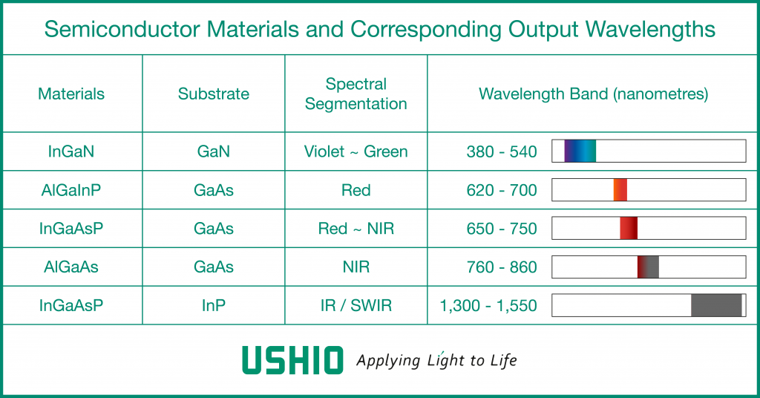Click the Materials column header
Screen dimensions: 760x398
pyautogui.click(x=71, y=94)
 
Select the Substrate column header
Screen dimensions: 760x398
pyautogui.click(x=213, y=94)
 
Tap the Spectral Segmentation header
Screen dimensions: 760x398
pyautogui.click(x=356, y=94)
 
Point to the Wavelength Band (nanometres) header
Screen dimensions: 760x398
pyautogui.click(x=593, y=94)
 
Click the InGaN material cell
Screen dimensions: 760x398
pyautogui.click(x=71, y=151)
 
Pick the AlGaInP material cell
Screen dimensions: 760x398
pyautogui.click(x=71, y=190)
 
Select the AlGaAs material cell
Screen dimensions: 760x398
pyautogui.click(x=71, y=267)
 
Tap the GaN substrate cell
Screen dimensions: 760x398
pyautogui.click(x=213, y=151)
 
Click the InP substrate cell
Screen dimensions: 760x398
pyautogui.click(x=213, y=305)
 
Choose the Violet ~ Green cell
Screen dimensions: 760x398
pyautogui.click(x=356, y=151)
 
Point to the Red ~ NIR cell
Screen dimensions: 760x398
pyautogui.click(x=356, y=228)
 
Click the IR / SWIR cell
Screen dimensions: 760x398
pyautogui.click(x=356, y=305)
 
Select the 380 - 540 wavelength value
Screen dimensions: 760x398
pyautogui.click(x=502, y=151)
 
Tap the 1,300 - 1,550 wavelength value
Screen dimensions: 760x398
pyautogui.click(x=488, y=306)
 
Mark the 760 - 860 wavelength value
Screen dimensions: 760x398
pyautogui.click(x=502, y=267)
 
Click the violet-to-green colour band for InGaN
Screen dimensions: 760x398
pyautogui.click(x=580, y=151)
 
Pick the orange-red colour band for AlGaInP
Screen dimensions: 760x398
pyautogui.click(x=620, y=189)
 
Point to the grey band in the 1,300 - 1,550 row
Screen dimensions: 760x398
pyautogui.click(x=716, y=305)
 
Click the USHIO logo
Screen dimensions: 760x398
pyautogui.click(x=292, y=360)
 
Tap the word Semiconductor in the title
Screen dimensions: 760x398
pyautogui.click(x=122, y=29)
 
